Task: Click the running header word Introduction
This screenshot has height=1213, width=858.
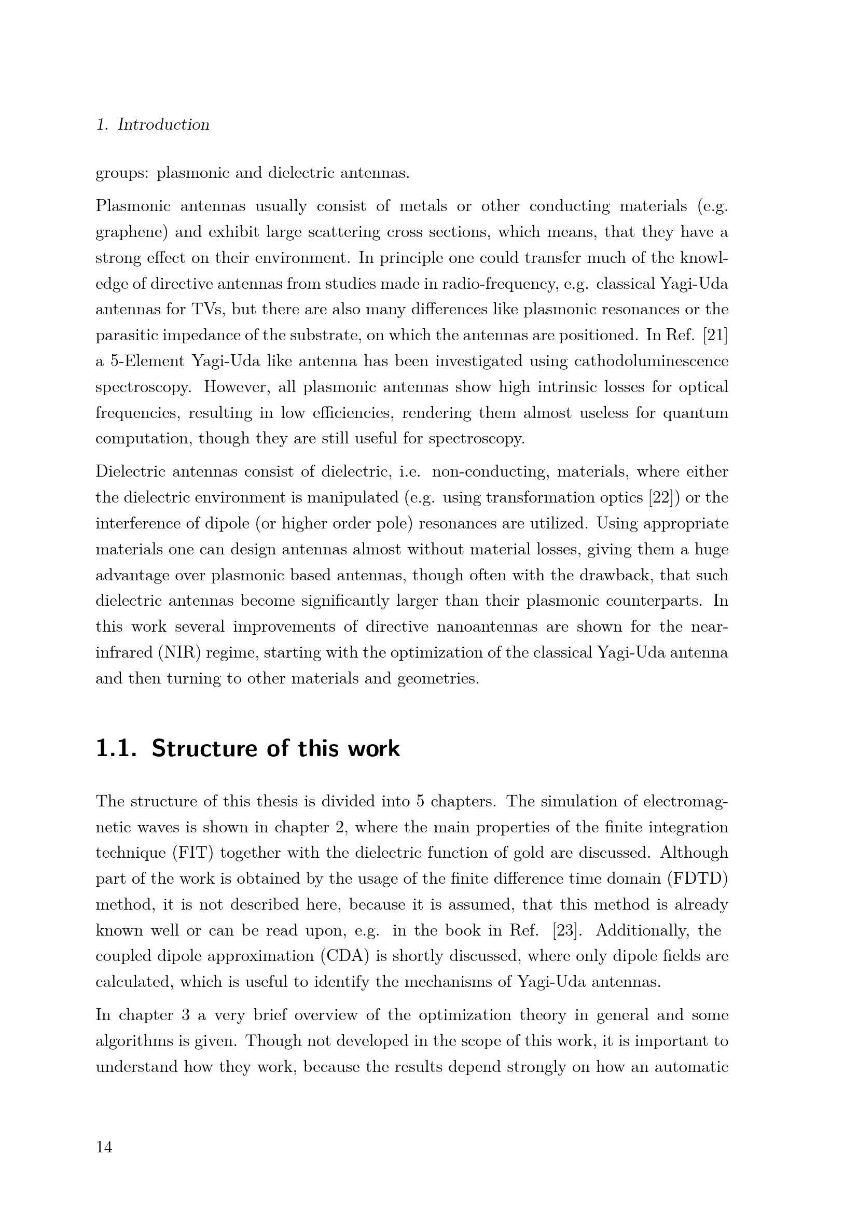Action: tap(163, 124)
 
